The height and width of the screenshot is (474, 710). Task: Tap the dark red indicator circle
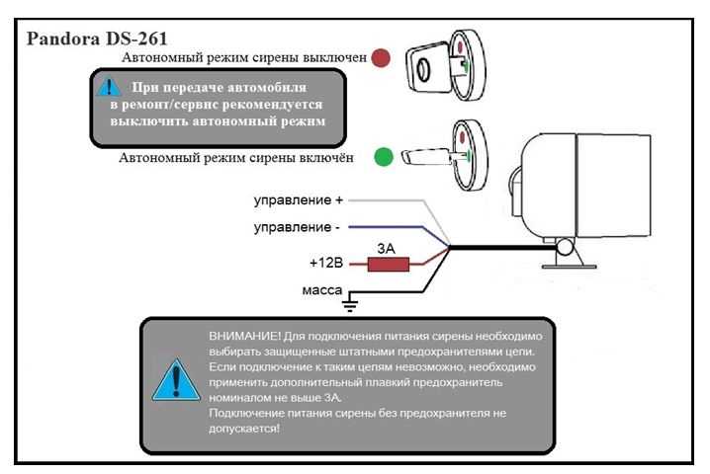click(382, 58)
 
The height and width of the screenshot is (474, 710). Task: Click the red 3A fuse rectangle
click(384, 265)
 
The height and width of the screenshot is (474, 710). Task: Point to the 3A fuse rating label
click(387, 248)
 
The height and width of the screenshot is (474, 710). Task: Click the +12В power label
click(326, 265)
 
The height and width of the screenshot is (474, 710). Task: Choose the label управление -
click(297, 229)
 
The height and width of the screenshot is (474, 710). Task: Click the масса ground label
click(322, 290)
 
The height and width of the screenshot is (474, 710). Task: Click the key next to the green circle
click(420, 157)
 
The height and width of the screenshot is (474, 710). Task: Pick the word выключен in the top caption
click(331, 58)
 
